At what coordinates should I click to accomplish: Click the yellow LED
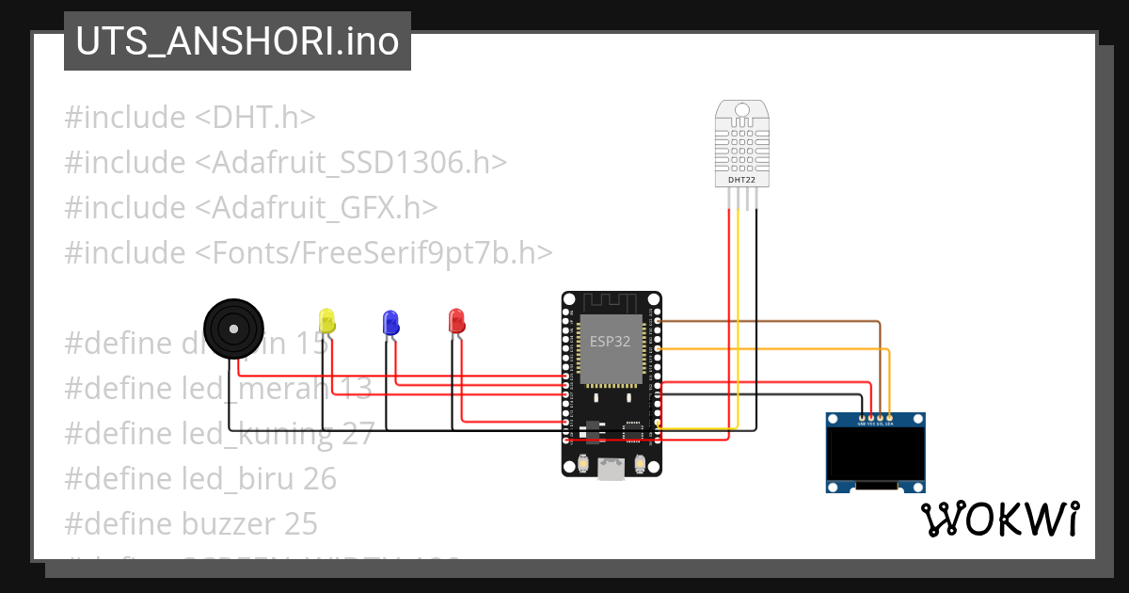click(326, 319)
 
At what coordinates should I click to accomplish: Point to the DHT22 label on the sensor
click(742, 179)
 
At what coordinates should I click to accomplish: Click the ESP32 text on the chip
click(611, 341)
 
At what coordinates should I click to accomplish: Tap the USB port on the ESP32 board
click(612, 468)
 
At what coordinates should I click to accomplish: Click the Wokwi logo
click(999, 519)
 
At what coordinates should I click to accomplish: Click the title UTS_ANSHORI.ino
click(237, 41)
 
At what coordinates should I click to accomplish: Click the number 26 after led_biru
click(320, 479)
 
